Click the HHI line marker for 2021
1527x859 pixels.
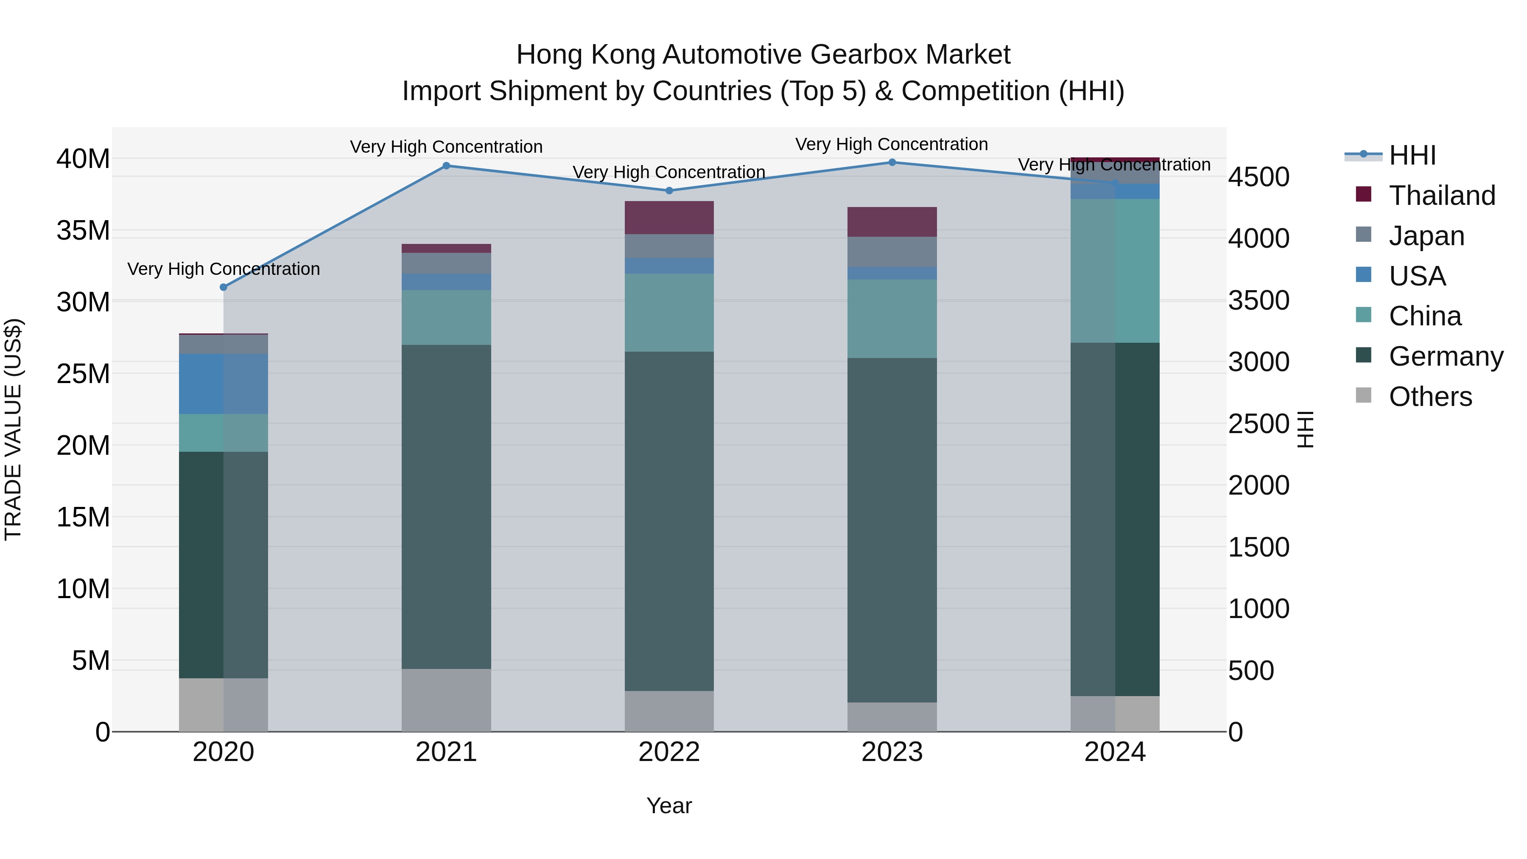[446, 166]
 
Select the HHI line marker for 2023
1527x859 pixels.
[892, 162]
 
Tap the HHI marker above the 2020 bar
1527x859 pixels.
[224, 288]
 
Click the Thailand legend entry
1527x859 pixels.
[1442, 196]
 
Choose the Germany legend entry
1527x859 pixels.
[1445, 356]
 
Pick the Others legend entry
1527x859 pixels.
[1430, 397]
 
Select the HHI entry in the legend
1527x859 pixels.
[1412, 155]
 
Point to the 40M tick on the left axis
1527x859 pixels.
[83, 159]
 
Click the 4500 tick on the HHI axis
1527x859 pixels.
[1258, 176]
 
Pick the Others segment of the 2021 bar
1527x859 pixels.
[446, 700]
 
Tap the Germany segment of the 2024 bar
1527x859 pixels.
[1114, 519]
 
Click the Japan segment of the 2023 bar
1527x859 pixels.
[892, 252]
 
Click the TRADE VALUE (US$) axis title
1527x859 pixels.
[13, 429]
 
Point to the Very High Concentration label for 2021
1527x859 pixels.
[446, 146]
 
